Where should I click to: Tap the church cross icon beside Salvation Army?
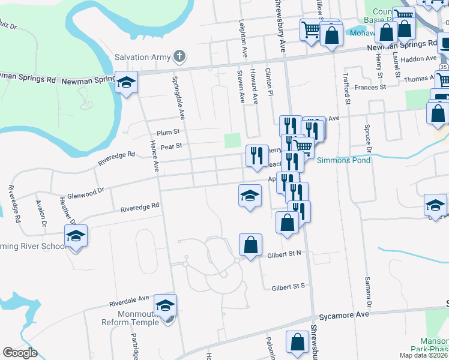(178, 58)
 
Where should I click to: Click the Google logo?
(20, 353)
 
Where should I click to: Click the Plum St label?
(168, 132)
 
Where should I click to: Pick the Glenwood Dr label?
(86, 190)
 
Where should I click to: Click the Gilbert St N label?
(284, 254)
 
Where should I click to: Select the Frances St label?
(370, 88)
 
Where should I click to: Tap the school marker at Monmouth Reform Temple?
(166, 306)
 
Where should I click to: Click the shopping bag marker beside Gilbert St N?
(250, 245)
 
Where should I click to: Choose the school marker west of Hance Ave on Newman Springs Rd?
(126, 83)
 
